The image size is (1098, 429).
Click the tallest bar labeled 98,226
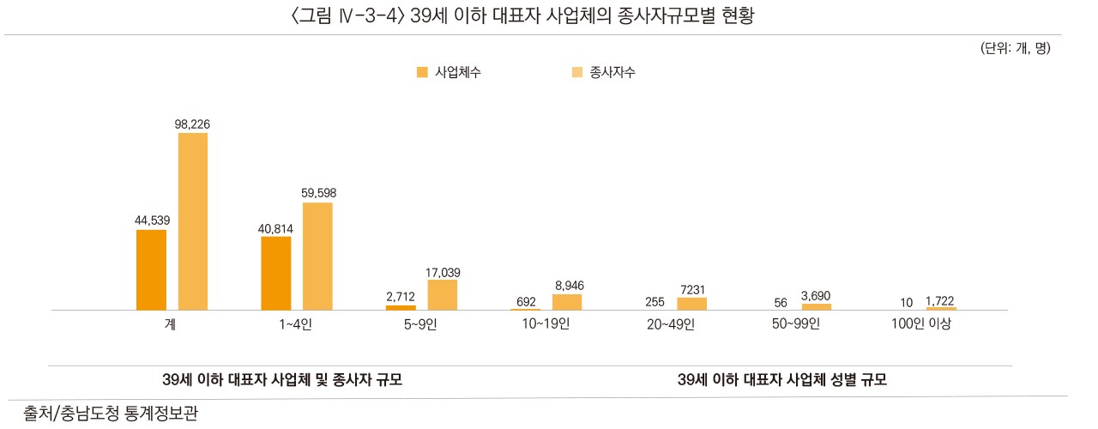click(193, 221)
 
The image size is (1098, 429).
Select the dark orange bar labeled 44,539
click(151, 269)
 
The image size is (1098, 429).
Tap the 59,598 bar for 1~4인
click(317, 256)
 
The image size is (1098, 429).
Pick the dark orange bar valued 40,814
click(275, 273)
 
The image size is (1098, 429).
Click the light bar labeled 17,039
click(442, 294)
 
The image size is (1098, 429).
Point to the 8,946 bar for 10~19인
click(567, 301)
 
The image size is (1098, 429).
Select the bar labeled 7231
click(691, 303)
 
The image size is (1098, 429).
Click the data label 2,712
click(401, 297)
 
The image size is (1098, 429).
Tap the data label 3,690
click(816, 296)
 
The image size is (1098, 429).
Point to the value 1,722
click(940, 300)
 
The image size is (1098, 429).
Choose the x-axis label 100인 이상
click(921, 324)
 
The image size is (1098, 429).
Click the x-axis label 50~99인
click(797, 324)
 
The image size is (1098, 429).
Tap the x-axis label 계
click(172, 324)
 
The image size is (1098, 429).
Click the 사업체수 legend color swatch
click(421, 73)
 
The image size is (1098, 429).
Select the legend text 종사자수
click(612, 73)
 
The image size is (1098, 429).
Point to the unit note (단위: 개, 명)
click(1015, 48)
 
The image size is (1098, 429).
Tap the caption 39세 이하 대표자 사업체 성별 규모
click(781, 379)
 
